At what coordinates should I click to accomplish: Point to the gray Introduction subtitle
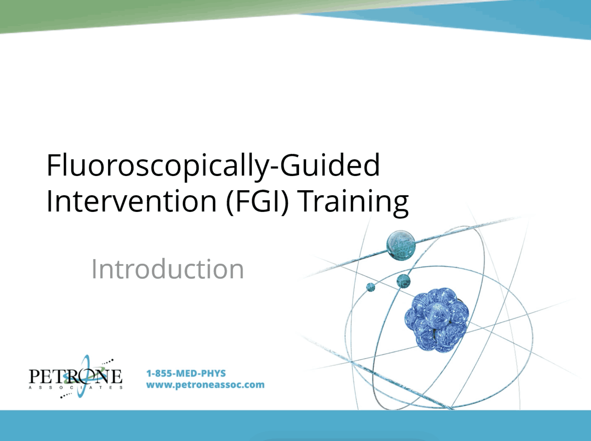click(x=168, y=269)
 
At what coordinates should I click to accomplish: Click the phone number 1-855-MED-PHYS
click(x=186, y=373)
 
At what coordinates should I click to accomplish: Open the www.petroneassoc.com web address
click(x=205, y=385)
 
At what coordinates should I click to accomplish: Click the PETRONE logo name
click(x=75, y=376)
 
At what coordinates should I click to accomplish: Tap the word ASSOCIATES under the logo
click(x=75, y=387)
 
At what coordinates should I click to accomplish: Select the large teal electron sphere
click(x=401, y=245)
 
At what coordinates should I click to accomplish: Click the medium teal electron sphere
click(x=403, y=281)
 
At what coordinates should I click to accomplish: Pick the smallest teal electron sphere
click(x=371, y=287)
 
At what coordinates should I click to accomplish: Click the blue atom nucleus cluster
click(x=437, y=320)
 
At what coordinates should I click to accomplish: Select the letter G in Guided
click(x=290, y=165)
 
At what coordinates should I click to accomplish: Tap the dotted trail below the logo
click(x=66, y=395)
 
